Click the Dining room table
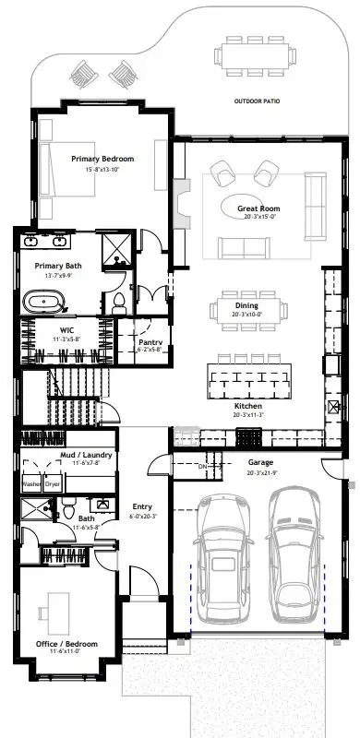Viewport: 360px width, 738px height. point(246,307)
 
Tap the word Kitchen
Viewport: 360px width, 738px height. point(247,406)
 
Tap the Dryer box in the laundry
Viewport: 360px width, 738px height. point(53,482)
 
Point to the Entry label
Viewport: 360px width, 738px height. point(141,506)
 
